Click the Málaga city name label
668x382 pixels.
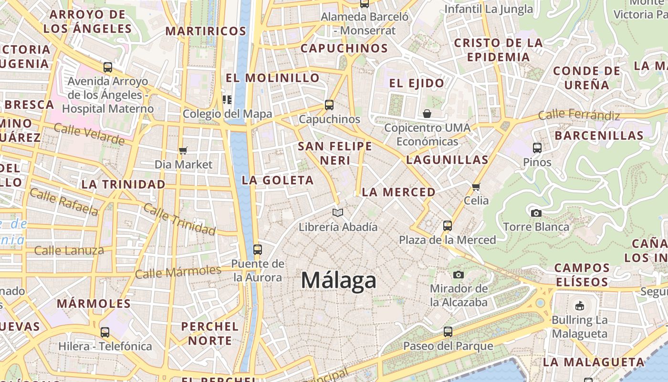[x=338, y=280]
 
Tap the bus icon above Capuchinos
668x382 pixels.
[x=329, y=105]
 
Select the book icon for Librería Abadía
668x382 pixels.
[x=338, y=212]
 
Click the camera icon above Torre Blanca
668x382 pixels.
[x=536, y=213]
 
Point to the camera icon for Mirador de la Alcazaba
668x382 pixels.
[x=458, y=275]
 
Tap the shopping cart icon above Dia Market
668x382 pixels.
[x=183, y=151]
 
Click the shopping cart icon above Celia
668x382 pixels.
[x=476, y=187]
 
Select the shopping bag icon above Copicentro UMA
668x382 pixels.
[x=427, y=114]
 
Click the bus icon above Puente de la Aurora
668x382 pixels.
[x=257, y=249]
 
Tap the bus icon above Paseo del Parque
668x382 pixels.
[x=448, y=331]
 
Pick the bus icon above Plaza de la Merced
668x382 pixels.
[x=447, y=225]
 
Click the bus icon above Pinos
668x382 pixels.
[x=537, y=148]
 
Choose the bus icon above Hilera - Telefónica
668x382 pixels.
[x=104, y=332]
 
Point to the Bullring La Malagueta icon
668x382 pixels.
[x=579, y=305]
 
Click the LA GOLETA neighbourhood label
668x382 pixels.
[x=278, y=180]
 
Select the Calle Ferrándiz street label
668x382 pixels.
[x=579, y=115]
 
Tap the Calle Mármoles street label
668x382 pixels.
[x=178, y=272]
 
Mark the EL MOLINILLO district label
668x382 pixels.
[x=272, y=77]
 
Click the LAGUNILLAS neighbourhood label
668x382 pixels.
[x=447, y=160]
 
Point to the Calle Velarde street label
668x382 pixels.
[x=89, y=134]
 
